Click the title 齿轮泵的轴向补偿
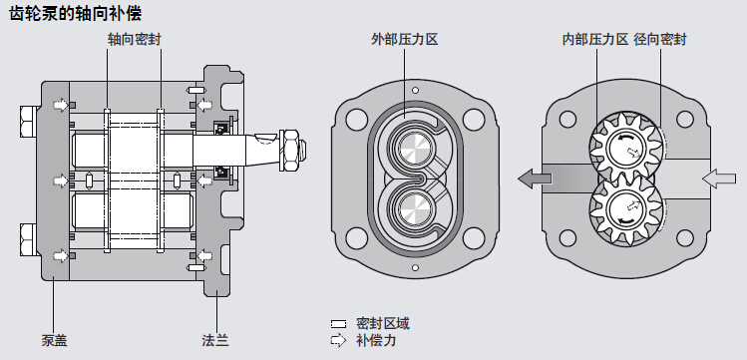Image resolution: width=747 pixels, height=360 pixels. (75, 14)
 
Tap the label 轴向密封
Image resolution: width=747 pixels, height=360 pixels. (135, 40)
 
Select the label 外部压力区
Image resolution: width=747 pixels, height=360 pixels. (405, 40)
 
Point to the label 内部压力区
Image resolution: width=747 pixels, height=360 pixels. (595, 40)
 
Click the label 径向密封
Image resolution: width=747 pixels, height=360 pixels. (660, 40)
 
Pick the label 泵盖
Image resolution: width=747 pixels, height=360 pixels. (54, 340)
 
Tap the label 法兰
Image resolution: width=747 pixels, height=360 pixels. (215, 340)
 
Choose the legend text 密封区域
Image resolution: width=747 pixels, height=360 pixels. (383, 324)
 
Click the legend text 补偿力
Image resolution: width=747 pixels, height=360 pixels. (376, 340)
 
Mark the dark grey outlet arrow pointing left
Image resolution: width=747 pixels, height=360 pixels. (534, 180)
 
